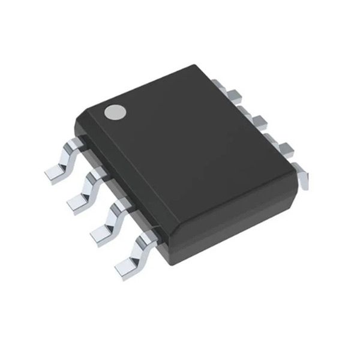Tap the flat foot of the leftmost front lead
point(56,172)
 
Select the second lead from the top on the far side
point(256,119)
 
